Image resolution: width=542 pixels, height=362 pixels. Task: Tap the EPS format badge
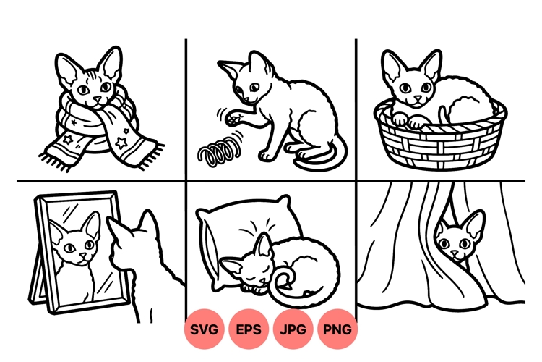coord(250,329)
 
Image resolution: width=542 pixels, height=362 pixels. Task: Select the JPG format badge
coord(293,329)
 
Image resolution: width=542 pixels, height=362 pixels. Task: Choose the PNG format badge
coord(337,329)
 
